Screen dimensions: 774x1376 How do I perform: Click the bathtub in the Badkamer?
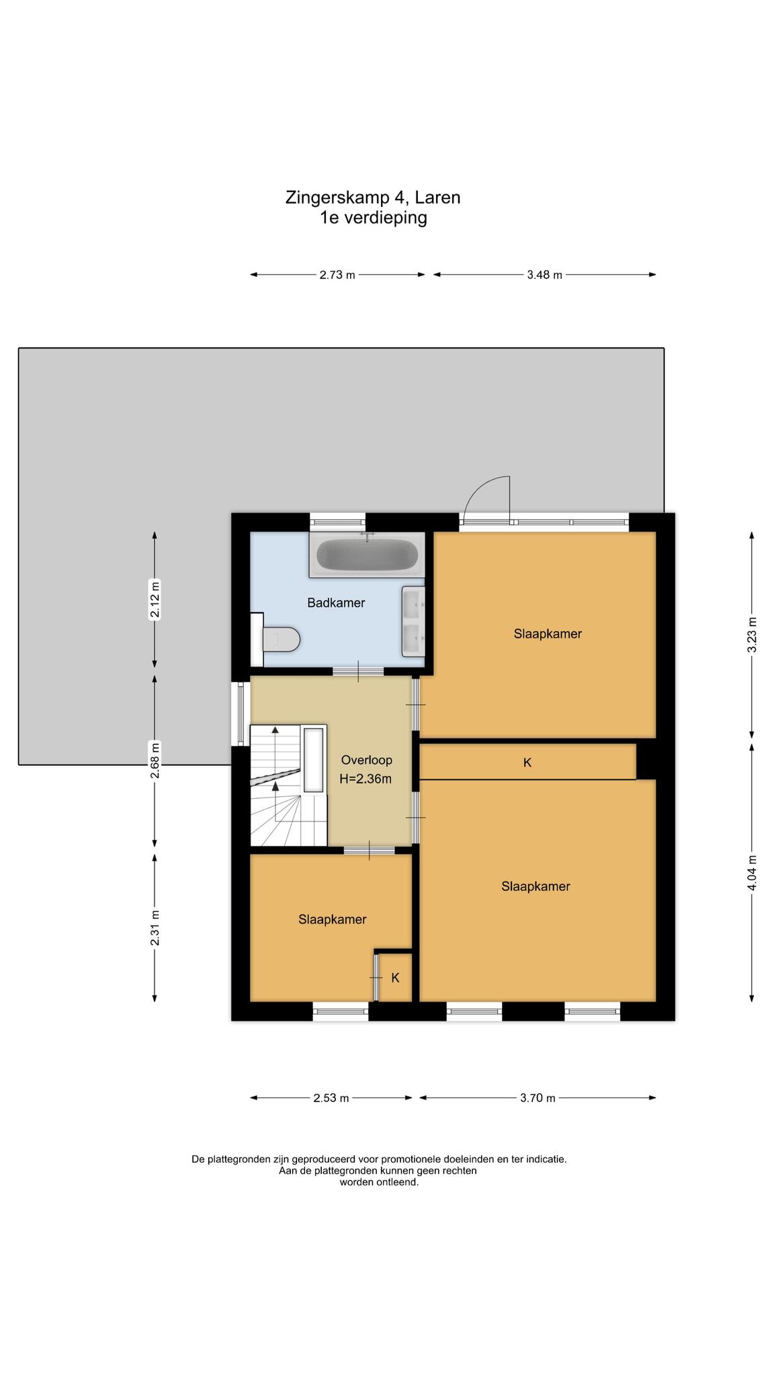click(x=367, y=555)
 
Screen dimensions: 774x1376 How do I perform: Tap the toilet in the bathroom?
click(x=276, y=639)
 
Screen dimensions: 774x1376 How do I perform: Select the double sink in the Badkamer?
click(x=413, y=621)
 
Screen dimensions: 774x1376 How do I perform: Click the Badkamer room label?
click(x=336, y=603)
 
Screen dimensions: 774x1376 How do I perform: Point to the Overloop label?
click(x=366, y=761)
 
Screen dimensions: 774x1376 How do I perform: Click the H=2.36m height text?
click(x=366, y=779)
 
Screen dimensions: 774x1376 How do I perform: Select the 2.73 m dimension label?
click(x=337, y=275)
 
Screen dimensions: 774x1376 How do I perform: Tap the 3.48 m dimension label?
click(x=544, y=275)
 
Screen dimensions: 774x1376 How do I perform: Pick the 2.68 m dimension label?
click(x=155, y=760)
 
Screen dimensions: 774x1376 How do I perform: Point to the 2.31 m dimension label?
click(x=155, y=928)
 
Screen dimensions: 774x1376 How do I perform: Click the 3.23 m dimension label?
click(x=752, y=634)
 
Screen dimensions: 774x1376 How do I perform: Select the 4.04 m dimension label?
click(x=752, y=873)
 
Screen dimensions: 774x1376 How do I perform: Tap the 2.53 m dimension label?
click(x=331, y=1099)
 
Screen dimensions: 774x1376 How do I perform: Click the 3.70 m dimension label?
click(x=537, y=1099)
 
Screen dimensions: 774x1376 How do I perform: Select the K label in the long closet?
click(x=527, y=763)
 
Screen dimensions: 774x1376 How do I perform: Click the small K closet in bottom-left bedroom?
click(x=395, y=978)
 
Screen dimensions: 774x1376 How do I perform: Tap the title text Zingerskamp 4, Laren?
click(x=373, y=198)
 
